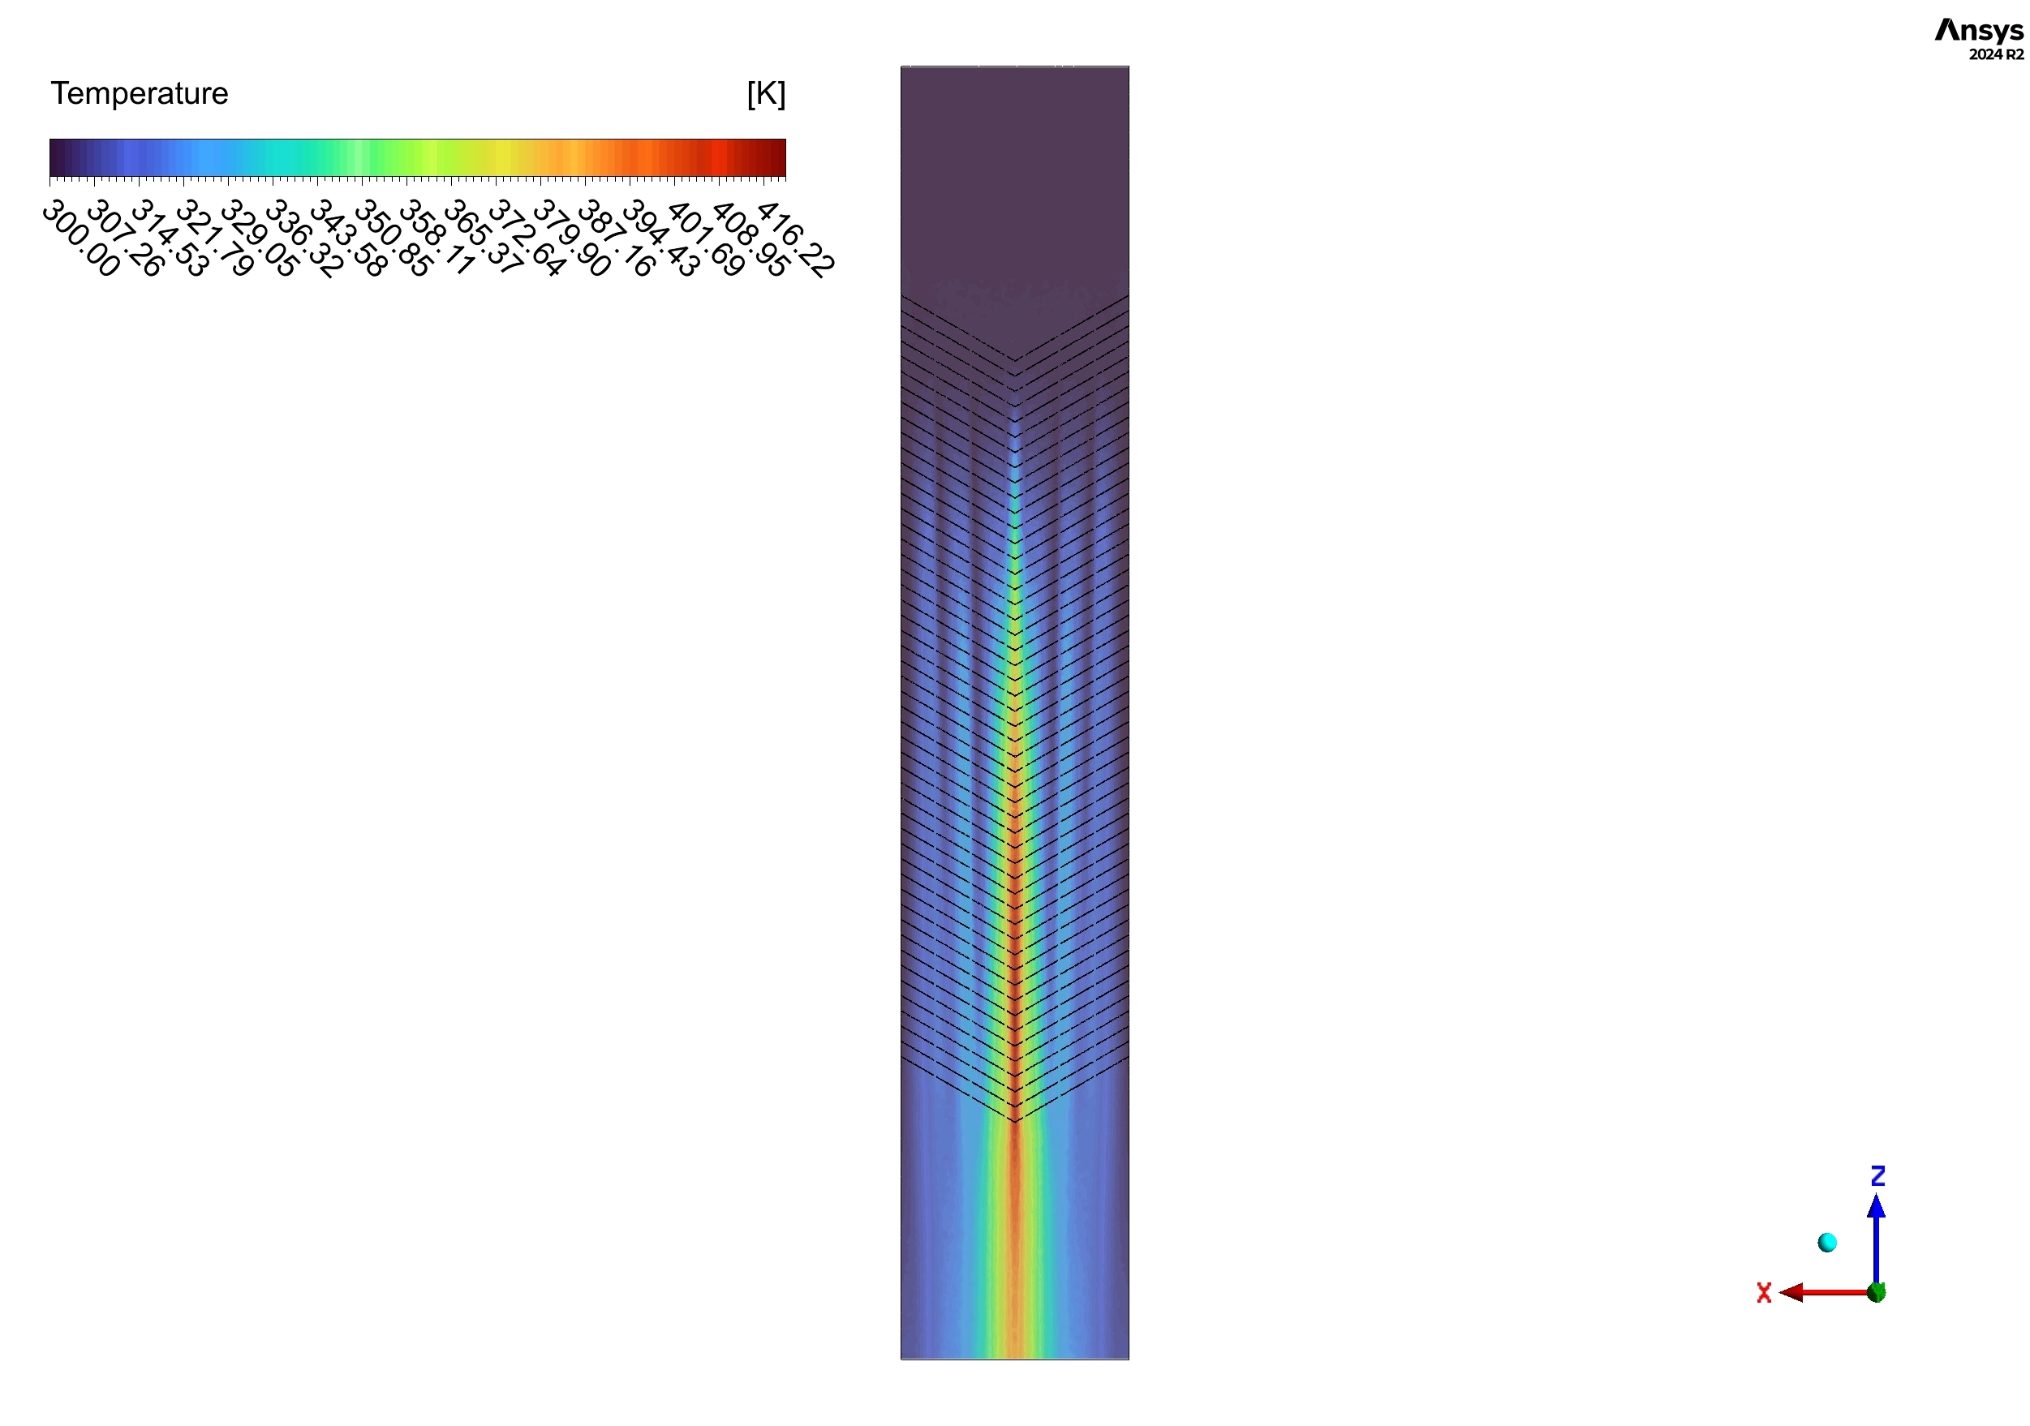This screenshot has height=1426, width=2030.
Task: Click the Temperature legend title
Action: (x=139, y=92)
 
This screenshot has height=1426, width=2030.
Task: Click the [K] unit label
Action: (x=765, y=92)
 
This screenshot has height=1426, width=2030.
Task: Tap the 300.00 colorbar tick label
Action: (x=80, y=238)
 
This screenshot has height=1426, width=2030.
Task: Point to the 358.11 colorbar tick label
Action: (x=437, y=238)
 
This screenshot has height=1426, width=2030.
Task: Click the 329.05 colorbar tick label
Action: (x=259, y=238)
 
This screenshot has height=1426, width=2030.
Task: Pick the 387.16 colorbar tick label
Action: (x=615, y=238)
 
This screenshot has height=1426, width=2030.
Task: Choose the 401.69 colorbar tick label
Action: (x=705, y=238)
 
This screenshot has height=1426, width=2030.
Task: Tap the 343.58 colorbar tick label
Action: (x=347, y=238)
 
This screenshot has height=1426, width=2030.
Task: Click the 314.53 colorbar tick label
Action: (x=170, y=238)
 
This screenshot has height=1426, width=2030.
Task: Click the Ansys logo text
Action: (x=1978, y=31)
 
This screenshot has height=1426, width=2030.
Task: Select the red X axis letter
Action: (x=1764, y=1294)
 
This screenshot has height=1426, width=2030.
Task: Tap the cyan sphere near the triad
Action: (x=1826, y=1243)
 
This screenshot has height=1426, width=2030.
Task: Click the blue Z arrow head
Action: (x=1876, y=1207)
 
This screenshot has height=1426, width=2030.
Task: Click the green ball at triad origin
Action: (x=1876, y=1292)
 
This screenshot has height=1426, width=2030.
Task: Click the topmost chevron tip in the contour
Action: (x=1014, y=360)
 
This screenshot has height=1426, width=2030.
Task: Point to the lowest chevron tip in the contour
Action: (x=1015, y=1122)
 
